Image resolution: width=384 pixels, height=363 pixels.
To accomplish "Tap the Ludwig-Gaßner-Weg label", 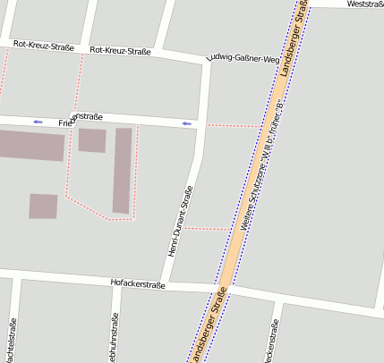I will [x=242, y=59].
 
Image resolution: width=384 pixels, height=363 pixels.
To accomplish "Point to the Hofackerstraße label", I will [x=138, y=283].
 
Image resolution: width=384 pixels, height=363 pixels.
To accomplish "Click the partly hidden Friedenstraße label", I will [x=81, y=118].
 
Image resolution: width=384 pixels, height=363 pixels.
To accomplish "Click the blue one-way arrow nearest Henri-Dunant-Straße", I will [x=187, y=123].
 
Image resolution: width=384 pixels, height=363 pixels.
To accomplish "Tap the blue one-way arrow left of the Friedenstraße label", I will [x=37, y=121].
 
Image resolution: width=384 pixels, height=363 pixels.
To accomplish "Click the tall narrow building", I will [x=122, y=170].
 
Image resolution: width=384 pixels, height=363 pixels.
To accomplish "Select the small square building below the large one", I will [x=43, y=207].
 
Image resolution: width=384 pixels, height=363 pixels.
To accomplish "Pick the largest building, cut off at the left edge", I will [x=31, y=145].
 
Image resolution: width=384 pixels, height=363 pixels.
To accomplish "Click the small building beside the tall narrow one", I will [x=91, y=140].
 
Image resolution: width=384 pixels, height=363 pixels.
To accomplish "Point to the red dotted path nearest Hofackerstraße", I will [x=207, y=229].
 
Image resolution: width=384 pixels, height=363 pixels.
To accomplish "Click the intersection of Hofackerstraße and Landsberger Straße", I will [x=221, y=291].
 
